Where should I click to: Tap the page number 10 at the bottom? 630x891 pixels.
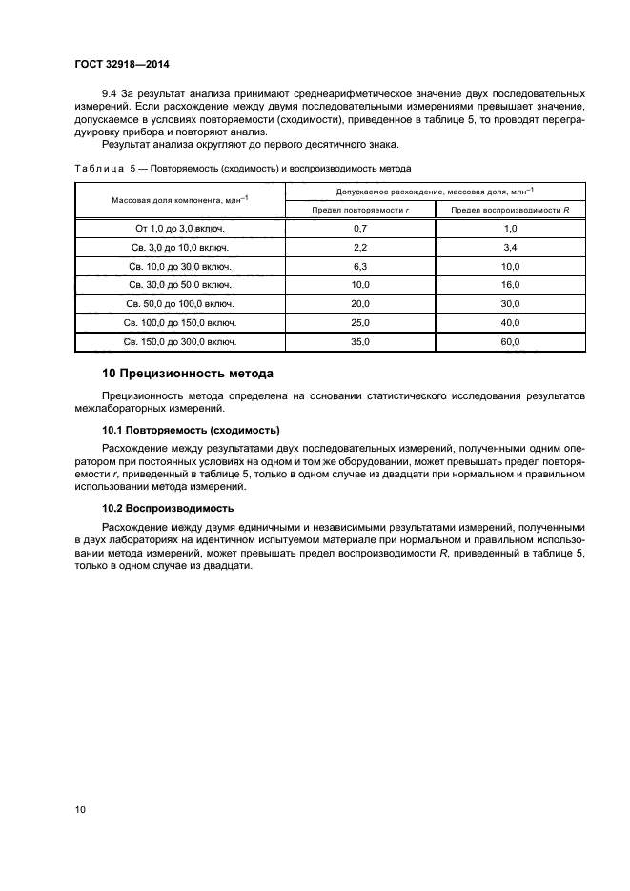80,810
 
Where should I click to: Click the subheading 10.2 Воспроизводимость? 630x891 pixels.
167,509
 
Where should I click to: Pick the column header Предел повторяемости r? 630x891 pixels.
360,209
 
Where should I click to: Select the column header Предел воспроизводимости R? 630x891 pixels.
510,209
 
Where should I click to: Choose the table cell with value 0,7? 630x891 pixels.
360,229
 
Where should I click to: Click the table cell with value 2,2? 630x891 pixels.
360,248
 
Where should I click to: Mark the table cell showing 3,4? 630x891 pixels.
510,248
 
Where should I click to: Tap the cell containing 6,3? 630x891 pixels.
360,266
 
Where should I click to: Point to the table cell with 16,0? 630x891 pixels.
510,284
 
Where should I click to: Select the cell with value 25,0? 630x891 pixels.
360,321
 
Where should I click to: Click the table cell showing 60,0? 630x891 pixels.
510,340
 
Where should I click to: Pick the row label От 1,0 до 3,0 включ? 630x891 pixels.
180,229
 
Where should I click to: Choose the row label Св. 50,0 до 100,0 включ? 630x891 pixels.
180,303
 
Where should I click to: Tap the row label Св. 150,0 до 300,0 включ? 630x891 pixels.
180,340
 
